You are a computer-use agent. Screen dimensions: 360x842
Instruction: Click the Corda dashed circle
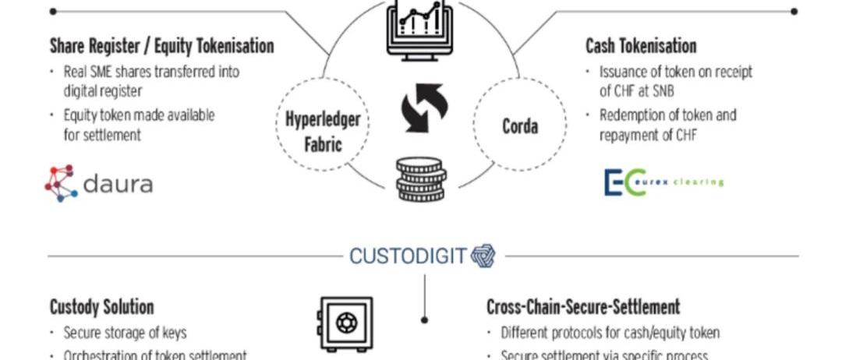click(519, 125)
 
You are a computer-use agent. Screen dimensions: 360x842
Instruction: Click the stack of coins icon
click(421, 179)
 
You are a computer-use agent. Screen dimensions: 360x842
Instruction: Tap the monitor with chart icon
click(419, 27)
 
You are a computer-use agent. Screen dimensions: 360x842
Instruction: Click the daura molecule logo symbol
click(61, 183)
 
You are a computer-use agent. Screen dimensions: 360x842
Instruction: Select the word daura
click(117, 185)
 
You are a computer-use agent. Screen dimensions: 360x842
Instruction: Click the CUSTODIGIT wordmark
click(408, 256)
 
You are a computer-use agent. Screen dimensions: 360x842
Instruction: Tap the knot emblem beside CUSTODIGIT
click(483, 256)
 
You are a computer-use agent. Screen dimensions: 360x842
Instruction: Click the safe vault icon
click(344, 323)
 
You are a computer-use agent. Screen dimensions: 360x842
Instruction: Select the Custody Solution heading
click(101, 307)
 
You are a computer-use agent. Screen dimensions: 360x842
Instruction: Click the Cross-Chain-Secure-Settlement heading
click(583, 307)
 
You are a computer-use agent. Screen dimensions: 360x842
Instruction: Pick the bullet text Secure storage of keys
click(125, 333)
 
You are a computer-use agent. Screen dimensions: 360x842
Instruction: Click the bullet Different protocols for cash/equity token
click(610, 333)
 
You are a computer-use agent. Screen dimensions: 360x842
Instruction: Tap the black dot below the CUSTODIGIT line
click(424, 319)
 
